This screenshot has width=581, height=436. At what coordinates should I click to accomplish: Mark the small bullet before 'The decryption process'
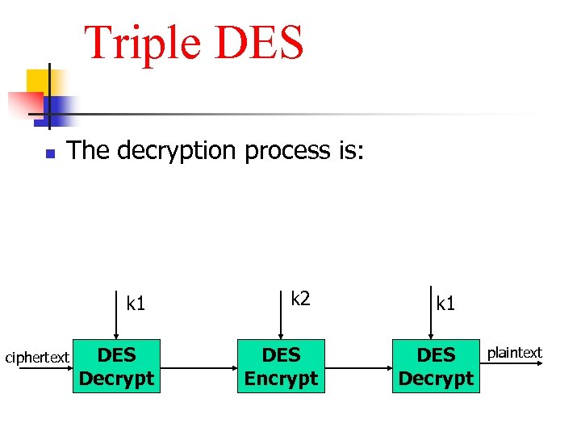[49, 153]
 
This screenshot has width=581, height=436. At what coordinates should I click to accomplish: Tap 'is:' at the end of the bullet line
[349, 150]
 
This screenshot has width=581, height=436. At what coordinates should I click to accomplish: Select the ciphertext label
[37, 357]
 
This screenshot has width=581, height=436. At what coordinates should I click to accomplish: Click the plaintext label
[515, 353]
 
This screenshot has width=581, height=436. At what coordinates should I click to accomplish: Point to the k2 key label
[300, 299]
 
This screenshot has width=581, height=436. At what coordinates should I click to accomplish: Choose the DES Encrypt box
[281, 367]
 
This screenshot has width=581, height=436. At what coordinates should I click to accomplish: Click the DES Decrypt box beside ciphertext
[116, 367]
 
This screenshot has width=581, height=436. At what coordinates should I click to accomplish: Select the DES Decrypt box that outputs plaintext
[436, 367]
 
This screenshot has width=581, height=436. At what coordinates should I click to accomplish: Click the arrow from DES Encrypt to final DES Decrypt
[358, 367]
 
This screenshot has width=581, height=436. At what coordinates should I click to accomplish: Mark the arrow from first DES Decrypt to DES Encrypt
[198, 367]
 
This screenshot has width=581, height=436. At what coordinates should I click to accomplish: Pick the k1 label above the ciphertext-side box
[136, 304]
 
